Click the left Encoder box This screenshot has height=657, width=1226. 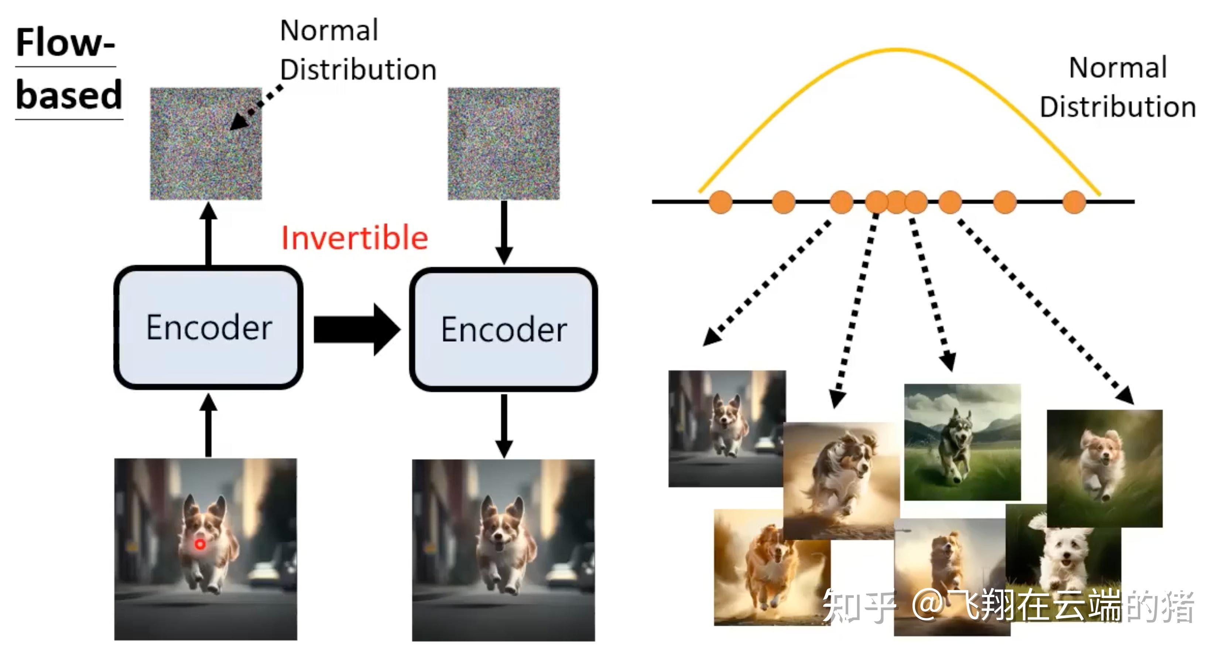209,327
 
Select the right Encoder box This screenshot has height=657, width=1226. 504,330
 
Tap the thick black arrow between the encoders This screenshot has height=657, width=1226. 357,329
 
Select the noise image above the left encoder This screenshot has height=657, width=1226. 206,143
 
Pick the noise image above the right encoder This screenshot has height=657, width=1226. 504,143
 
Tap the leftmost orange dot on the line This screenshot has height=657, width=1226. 720,202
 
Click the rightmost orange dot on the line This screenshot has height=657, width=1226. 1074,202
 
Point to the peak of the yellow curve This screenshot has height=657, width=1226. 897,50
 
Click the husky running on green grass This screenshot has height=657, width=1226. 962,442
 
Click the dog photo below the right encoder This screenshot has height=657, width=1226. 504,550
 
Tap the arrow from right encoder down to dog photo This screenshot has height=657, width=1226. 504,426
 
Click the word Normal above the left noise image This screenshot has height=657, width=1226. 329,30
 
